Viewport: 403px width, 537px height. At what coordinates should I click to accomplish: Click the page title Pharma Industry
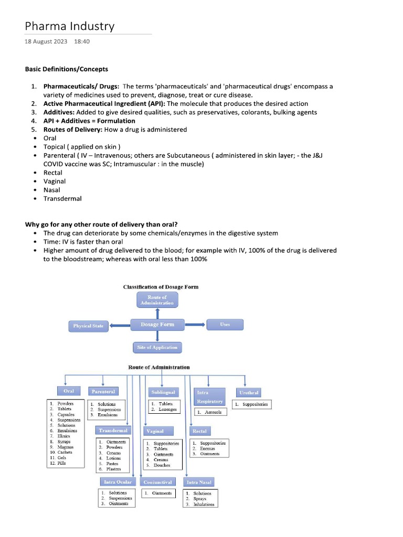tap(70, 26)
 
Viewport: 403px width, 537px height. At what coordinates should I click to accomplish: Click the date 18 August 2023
tap(46, 41)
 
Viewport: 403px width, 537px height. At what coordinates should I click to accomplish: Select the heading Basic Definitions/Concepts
tap(67, 69)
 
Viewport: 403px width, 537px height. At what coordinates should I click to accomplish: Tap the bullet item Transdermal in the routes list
tap(62, 199)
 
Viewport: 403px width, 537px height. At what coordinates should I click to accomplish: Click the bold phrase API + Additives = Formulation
tap(89, 121)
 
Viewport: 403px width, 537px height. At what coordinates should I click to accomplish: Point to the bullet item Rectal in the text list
tap(52, 173)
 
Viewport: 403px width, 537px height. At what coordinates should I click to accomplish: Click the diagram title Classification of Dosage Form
tap(161, 287)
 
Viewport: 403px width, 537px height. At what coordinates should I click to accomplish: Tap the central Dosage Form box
tap(157, 325)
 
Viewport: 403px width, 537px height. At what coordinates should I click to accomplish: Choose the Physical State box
tap(88, 326)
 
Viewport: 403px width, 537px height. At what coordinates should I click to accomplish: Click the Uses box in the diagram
tap(225, 325)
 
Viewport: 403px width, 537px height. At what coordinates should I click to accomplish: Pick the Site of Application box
tap(157, 347)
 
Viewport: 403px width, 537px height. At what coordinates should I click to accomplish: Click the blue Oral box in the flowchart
tap(69, 391)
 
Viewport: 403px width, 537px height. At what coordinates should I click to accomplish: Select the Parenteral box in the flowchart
tap(103, 391)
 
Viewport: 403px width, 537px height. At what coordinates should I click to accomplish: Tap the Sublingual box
tap(163, 392)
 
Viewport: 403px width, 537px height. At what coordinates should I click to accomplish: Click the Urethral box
tap(249, 392)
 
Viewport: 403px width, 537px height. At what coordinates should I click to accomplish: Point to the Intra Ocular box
tap(118, 481)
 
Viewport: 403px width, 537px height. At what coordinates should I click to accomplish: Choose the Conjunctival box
tap(158, 481)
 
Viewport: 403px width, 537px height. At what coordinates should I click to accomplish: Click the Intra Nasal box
tap(199, 481)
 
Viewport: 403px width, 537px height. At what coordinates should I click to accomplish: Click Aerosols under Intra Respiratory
tap(213, 412)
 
